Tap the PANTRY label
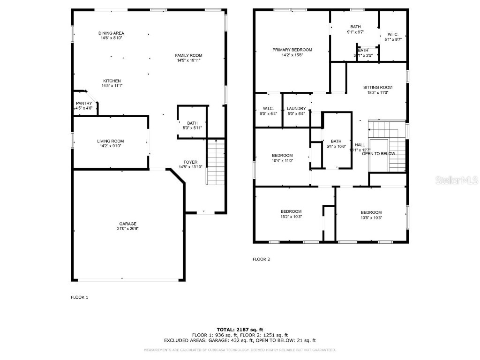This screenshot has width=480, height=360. coord(84,103)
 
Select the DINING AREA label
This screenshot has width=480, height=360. coord(111,33)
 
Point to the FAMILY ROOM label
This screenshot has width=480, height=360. coord(189,55)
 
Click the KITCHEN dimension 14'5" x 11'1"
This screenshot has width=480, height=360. coord(112,86)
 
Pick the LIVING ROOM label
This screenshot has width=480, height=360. coord(111,141)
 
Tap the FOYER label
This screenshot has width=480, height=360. coord(191,162)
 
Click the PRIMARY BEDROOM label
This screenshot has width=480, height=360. coord(292,50)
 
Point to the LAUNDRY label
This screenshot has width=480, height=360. coord(296,108)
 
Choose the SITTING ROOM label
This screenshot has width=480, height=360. coord(378,87)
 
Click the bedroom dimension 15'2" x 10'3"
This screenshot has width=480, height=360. coord(292,217)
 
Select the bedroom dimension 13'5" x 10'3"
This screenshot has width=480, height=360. coord(371,217)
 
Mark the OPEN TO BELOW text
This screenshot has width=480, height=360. coord(378,154)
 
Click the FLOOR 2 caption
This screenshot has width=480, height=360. coord(261,259)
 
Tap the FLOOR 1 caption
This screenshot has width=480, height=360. coord(79,297)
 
